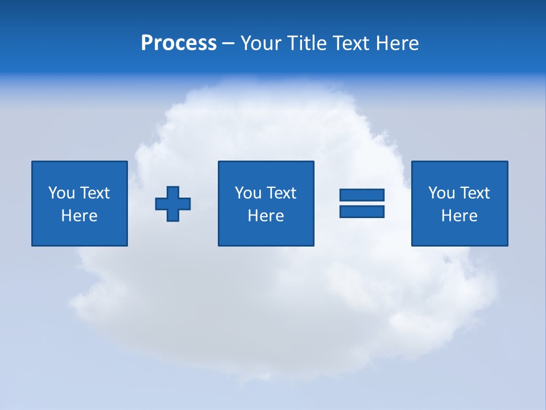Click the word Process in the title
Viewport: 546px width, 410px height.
tap(179, 43)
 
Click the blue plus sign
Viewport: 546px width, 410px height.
tap(173, 204)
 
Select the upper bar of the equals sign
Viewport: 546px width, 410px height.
tap(362, 195)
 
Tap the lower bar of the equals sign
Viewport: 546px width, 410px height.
tap(362, 211)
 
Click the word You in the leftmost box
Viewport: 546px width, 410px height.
tap(61, 193)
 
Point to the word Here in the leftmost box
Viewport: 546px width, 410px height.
tap(79, 216)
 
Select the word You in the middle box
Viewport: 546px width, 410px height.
tap(247, 193)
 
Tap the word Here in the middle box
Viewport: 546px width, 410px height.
tap(266, 216)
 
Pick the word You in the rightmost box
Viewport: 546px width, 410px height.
tap(441, 193)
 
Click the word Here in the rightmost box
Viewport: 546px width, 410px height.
tap(459, 216)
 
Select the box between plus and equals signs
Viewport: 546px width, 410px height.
tap(266, 233)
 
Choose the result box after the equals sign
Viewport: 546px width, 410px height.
tap(460, 233)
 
